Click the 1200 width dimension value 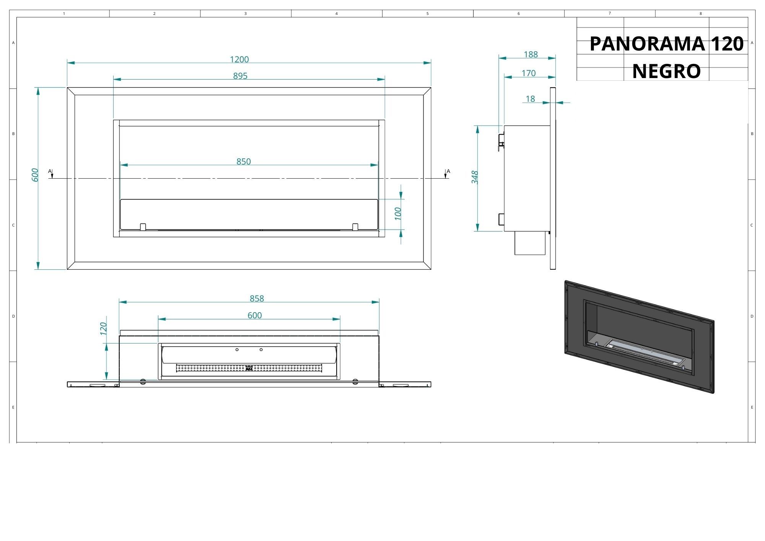[239, 59]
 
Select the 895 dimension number [240, 76]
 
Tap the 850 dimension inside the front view [244, 161]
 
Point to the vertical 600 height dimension [35, 175]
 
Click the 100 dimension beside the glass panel [398, 213]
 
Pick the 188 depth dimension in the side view [531, 54]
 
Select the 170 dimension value [529, 73]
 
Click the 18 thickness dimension [530, 99]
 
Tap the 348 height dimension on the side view [475, 177]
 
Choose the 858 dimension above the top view [257, 298]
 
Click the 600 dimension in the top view [255, 315]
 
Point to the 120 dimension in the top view [103, 329]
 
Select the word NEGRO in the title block [666, 71]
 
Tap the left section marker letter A [50, 171]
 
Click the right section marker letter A [449, 171]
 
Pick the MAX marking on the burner [249, 368]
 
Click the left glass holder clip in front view [143, 227]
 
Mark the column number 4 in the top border [337, 14]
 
